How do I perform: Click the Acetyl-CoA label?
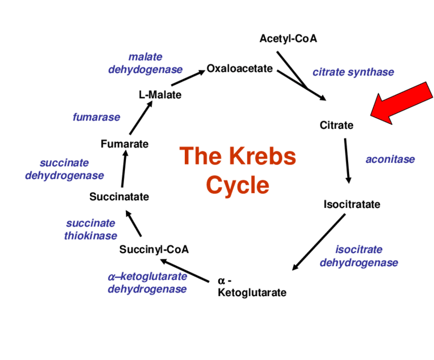[x=288, y=38]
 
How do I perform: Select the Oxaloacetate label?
[x=240, y=69]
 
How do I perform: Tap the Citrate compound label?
[x=336, y=125]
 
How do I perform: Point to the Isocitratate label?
[x=351, y=204]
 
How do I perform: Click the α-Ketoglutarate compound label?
[x=251, y=287]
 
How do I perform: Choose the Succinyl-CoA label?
[x=154, y=249]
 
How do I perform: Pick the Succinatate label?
[x=119, y=197]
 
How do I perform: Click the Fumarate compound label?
[x=124, y=144]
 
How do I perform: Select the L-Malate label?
[x=160, y=95]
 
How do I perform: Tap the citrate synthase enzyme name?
[x=353, y=72]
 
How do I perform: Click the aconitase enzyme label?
[x=390, y=159]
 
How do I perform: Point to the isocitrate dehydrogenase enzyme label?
[x=359, y=256]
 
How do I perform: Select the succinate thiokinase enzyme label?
[x=90, y=229]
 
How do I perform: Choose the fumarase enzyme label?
[x=96, y=118]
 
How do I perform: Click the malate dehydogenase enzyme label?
[x=145, y=63]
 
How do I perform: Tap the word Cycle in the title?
[x=237, y=185]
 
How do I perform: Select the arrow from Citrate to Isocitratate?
[x=347, y=161]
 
